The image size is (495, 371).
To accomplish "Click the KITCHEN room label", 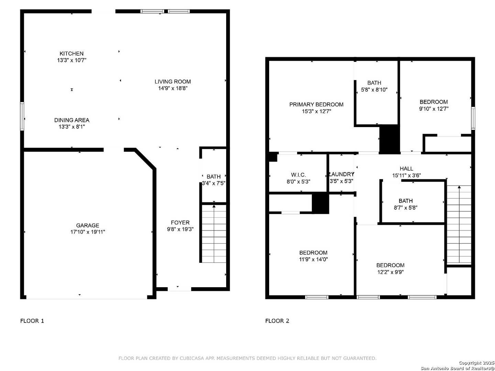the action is point(71,54).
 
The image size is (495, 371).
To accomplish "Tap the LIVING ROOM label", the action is point(173,81).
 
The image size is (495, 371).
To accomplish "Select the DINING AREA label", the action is point(72,120).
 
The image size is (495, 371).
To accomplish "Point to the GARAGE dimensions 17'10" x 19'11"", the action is point(88,232).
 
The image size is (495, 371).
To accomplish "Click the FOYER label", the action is point(180,223).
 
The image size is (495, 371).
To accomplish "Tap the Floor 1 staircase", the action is point(213,233).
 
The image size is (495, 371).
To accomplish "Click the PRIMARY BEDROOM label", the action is point(316,104).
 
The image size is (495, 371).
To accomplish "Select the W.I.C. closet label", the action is point(298,175).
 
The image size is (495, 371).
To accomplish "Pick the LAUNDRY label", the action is point(341,174).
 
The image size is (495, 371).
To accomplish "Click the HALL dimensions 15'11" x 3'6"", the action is point(406,175).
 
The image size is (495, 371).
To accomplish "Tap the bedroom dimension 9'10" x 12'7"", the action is point(433,109).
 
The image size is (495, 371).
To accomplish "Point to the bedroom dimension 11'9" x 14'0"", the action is point(313,259).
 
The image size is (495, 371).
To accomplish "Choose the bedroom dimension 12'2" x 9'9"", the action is point(390,272).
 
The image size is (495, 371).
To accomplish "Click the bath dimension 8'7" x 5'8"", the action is point(406,207).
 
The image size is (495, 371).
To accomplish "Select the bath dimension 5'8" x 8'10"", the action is point(374,90).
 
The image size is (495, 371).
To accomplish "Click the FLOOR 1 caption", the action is point(32,321).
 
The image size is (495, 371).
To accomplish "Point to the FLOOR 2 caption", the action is point(277,321).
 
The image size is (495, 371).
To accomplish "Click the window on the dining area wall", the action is point(22,116).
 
